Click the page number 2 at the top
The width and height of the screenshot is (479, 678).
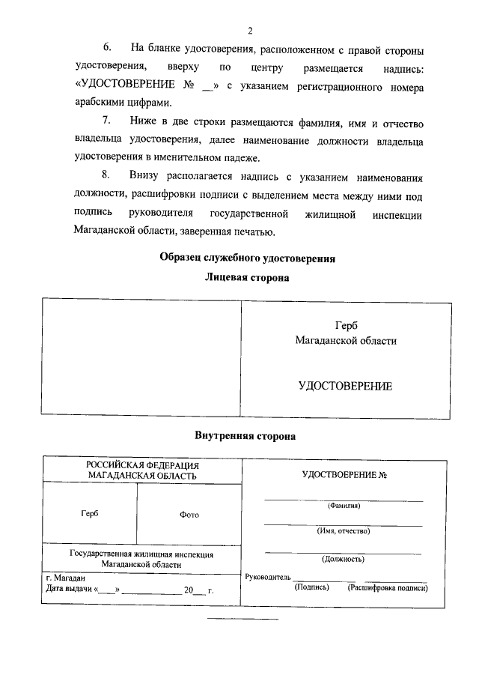250,31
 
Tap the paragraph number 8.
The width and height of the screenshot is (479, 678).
106,177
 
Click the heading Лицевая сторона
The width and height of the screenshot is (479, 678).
247,278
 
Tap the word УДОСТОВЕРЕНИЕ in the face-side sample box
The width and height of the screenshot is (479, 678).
345,387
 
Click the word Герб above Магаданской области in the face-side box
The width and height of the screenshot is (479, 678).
347,326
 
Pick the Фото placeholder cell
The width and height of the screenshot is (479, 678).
189,515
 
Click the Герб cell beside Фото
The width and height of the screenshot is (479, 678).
89,514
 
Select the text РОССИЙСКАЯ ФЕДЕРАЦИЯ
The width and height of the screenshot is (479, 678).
141,465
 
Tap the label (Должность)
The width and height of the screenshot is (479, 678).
344,559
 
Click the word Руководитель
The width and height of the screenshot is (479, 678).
266,578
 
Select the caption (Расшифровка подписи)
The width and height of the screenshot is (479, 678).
387,588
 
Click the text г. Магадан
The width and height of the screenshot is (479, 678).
66,578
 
